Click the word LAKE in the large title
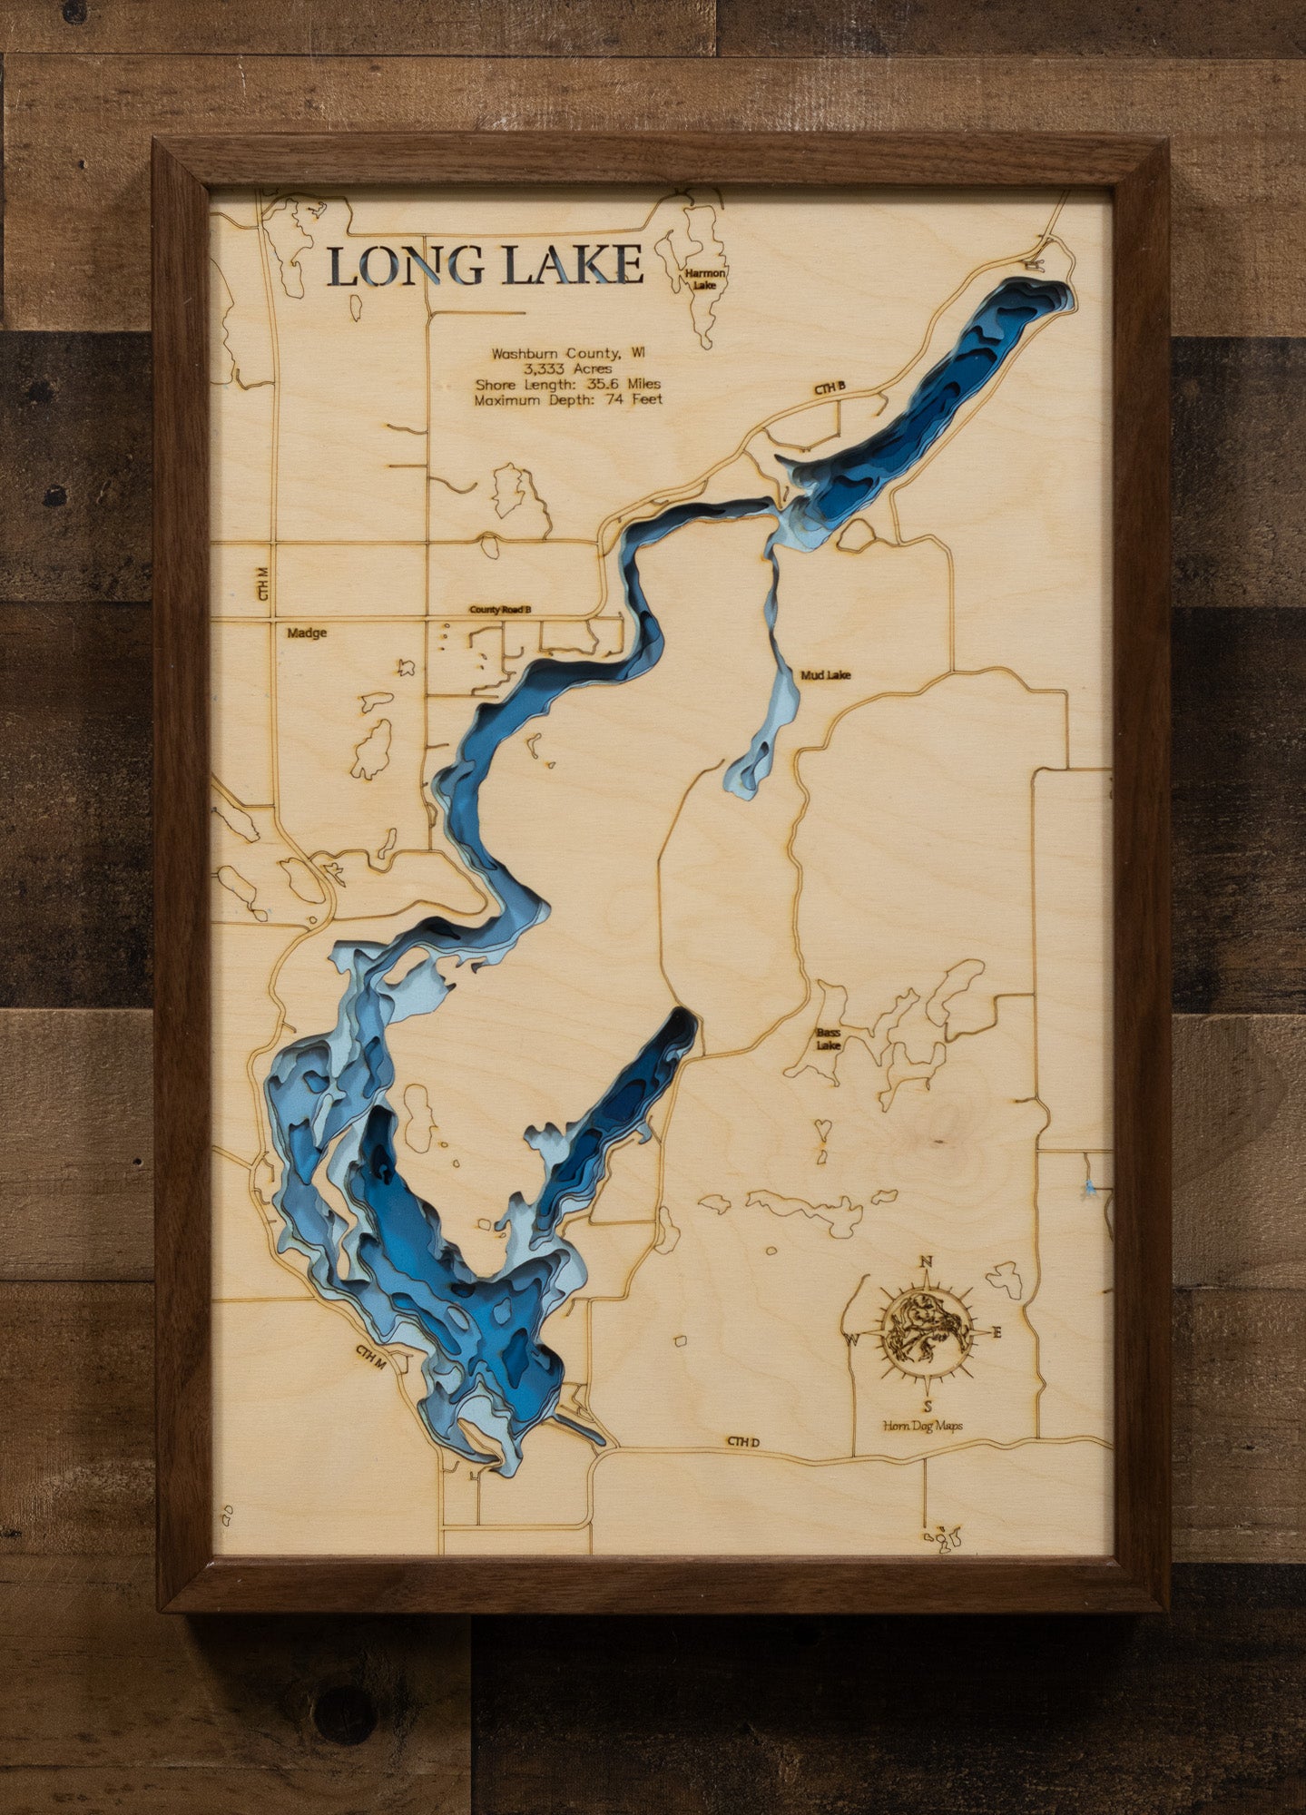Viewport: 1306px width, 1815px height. pos(574,265)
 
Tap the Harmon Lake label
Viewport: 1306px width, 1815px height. pos(706,278)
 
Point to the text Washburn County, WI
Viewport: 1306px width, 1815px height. pos(568,354)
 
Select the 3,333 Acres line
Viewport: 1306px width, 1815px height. pos(567,369)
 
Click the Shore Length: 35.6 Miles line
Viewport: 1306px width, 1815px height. pos(568,384)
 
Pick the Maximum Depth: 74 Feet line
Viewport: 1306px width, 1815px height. pos(568,399)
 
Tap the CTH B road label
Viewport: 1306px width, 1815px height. pos(829,389)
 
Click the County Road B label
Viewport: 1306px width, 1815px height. pos(498,610)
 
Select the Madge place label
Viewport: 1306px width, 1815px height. pos(306,633)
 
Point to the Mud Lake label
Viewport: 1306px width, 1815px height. pos(825,675)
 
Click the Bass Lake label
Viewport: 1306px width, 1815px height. pos(828,1039)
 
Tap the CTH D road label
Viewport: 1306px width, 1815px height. pos(741,1441)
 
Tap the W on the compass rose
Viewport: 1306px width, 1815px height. pos(852,1339)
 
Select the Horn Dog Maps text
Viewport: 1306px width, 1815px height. pos(923,1426)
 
